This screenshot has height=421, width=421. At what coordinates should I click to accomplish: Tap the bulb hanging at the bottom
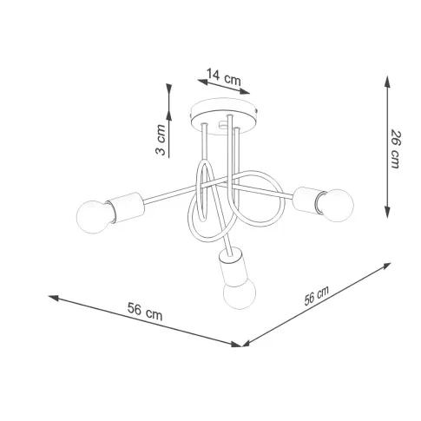click(x=238, y=293)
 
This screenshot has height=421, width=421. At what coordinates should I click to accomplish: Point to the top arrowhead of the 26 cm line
click(x=386, y=77)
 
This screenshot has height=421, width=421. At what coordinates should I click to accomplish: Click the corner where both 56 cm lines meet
click(x=238, y=345)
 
